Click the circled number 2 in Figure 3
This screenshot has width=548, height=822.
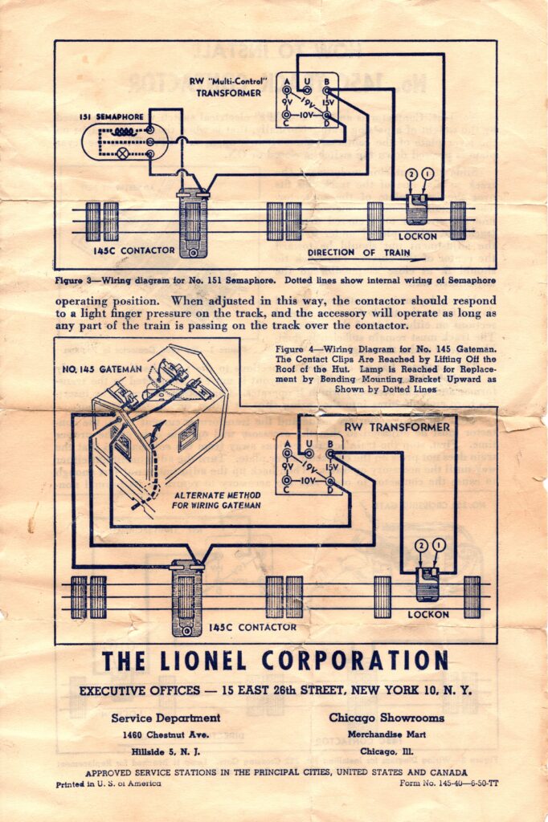(x=412, y=173)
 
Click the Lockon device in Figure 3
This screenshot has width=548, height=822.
(x=418, y=209)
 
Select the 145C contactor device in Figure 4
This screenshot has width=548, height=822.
(x=187, y=598)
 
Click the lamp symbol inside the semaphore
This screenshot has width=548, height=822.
(x=124, y=153)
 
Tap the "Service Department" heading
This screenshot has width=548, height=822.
(x=166, y=718)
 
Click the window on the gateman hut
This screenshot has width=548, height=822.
(x=187, y=435)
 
